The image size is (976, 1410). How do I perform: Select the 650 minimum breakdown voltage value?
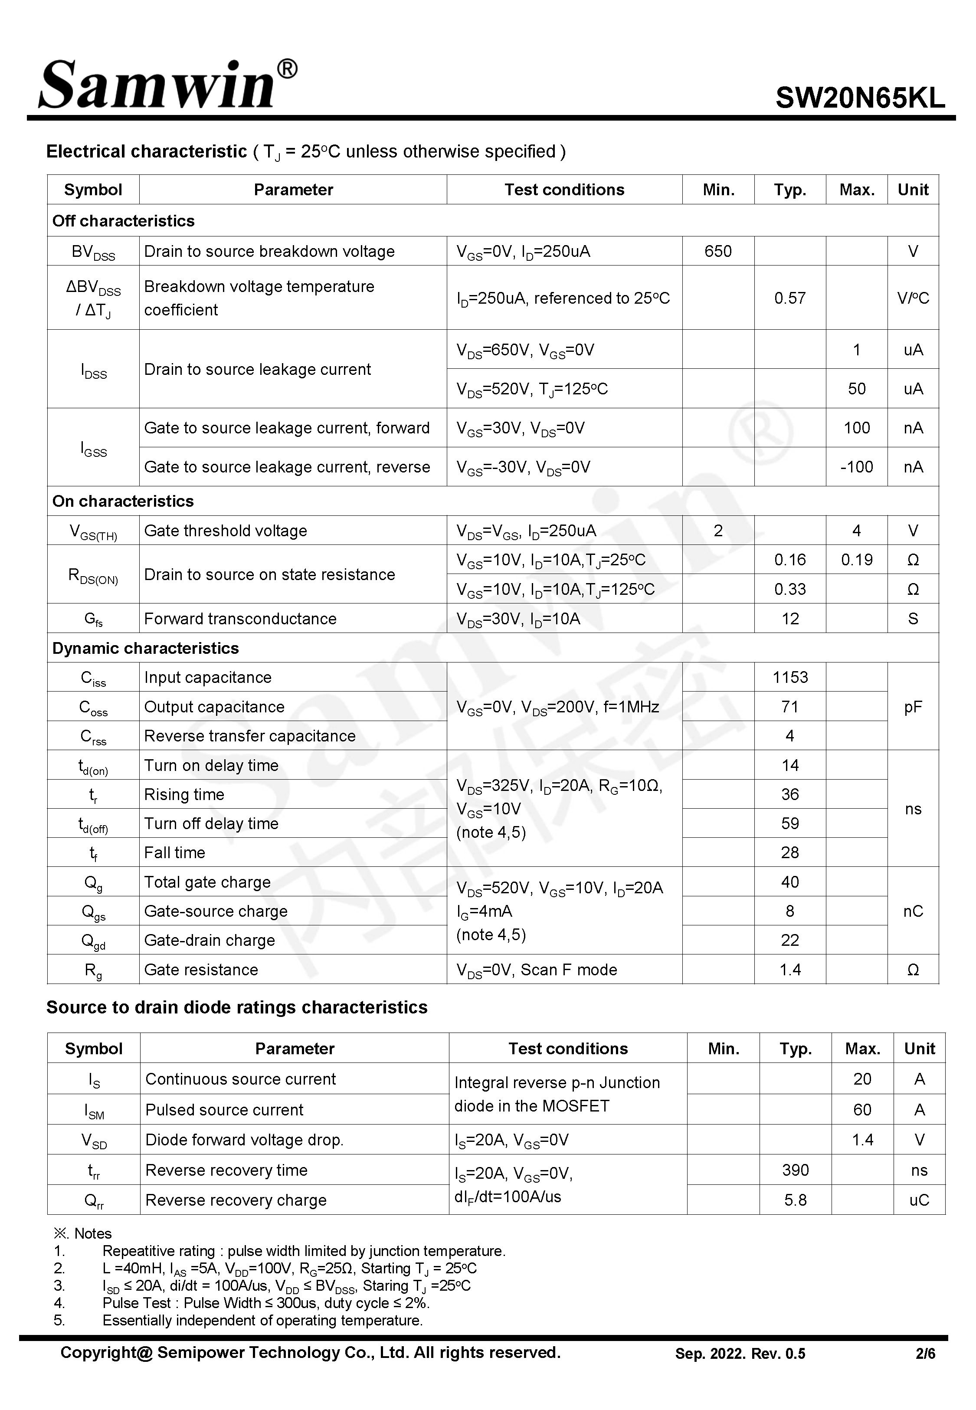(x=717, y=251)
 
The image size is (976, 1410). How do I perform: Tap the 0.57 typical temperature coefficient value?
(x=789, y=298)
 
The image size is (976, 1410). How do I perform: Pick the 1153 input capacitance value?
(x=789, y=678)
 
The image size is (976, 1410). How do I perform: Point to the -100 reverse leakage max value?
(x=856, y=467)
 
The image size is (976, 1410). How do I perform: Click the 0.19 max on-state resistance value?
(x=856, y=560)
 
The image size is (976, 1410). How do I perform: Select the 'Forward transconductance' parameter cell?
(x=240, y=619)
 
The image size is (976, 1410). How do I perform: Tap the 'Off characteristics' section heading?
(x=124, y=221)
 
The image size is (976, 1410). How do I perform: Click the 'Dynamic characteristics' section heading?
(x=146, y=648)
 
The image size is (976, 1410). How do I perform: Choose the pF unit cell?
(x=912, y=708)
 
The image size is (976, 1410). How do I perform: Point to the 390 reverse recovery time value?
(x=795, y=1171)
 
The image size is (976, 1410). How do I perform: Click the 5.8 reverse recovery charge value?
(x=795, y=1200)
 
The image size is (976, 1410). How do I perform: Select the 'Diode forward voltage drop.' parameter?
(x=245, y=1140)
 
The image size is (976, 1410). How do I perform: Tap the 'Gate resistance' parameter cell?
(x=201, y=970)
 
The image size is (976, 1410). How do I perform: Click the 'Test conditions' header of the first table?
(x=564, y=190)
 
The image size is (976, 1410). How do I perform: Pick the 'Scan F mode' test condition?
(x=569, y=970)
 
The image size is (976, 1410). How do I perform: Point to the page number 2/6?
(x=925, y=1354)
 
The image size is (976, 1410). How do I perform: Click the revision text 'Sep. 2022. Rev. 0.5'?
(x=740, y=1354)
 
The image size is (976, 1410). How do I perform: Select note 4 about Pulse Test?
(x=266, y=1303)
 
